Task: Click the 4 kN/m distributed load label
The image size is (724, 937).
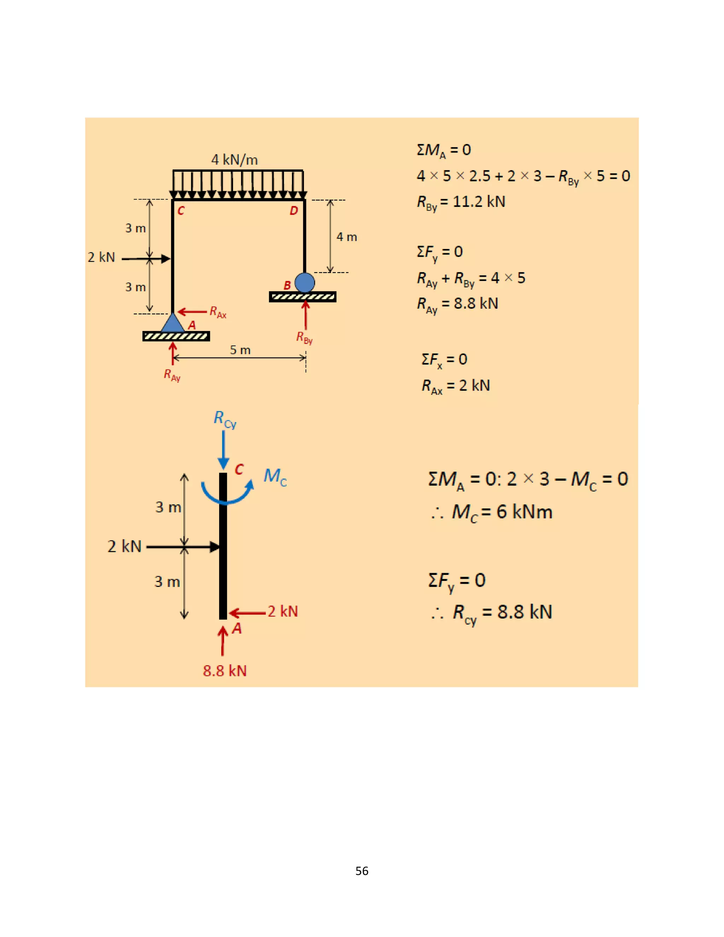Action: (235, 160)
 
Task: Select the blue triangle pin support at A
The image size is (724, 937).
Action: (173, 322)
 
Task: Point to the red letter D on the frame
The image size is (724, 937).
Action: (294, 211)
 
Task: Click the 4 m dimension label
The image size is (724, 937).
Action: (346, 237)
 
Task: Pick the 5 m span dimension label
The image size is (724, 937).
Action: (240, 350)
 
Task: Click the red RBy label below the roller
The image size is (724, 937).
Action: (304, 338)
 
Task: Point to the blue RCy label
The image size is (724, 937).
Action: (225, 419)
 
